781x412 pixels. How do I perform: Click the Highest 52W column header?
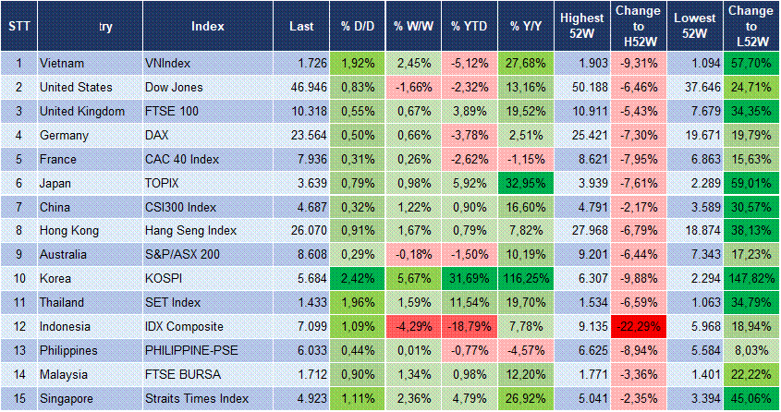click(582, 26)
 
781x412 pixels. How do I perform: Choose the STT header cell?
click(18, 26)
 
